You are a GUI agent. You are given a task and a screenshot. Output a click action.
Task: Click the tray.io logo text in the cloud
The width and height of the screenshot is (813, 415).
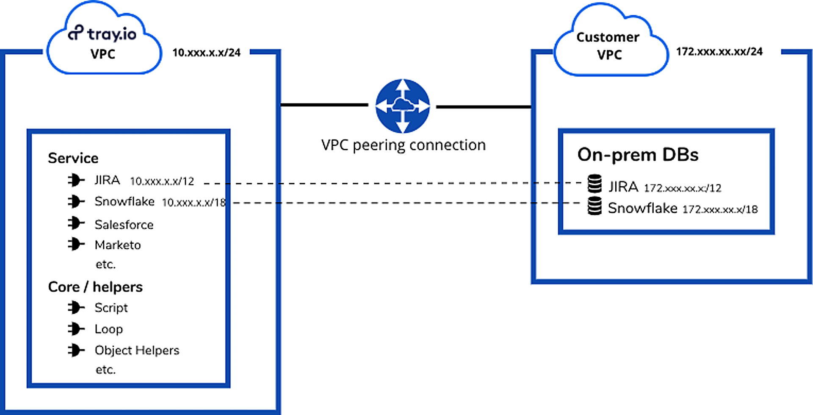(102, 34)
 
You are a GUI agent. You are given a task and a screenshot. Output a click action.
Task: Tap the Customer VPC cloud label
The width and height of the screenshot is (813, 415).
(608, 46)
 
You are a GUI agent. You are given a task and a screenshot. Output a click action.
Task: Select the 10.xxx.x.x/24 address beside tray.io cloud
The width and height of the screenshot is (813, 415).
(206, 53)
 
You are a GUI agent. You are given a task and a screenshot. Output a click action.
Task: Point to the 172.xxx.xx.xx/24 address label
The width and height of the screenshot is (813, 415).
(719, 52)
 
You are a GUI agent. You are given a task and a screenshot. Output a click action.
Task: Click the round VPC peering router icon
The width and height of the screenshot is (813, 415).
(403, 106)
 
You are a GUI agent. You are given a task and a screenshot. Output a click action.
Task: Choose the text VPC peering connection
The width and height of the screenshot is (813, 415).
(403, 145)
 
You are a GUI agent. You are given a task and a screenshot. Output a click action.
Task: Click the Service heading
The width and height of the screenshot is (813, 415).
(73, 158)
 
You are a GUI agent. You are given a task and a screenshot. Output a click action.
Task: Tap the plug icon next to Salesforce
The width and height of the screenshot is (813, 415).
(76, 223)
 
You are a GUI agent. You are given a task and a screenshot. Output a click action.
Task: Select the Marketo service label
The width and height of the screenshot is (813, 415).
(118, 245)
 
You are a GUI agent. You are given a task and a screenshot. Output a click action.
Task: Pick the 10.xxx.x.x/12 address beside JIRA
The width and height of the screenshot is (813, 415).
(162, 181)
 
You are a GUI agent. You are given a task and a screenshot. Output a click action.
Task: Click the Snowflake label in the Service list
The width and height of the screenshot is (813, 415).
(124, 201)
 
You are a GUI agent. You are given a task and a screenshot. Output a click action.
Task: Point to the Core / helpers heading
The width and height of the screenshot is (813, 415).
(95, 287)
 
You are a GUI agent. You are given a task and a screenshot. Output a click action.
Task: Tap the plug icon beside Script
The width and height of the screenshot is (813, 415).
(76, 307)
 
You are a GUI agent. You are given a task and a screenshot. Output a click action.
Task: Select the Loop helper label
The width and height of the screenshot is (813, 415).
(109, 329)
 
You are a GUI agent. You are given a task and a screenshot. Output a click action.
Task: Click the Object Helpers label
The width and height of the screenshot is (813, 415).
(137, 350)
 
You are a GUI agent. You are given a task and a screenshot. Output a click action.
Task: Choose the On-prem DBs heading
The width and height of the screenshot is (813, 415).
(638, 155)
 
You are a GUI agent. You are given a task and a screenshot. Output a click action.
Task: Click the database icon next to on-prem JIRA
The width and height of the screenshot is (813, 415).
(595, 184)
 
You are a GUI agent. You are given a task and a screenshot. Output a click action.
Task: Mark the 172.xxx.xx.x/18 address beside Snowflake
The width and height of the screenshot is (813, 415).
(720, 209)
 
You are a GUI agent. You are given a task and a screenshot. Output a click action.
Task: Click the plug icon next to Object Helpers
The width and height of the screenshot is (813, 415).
(76, 350)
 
